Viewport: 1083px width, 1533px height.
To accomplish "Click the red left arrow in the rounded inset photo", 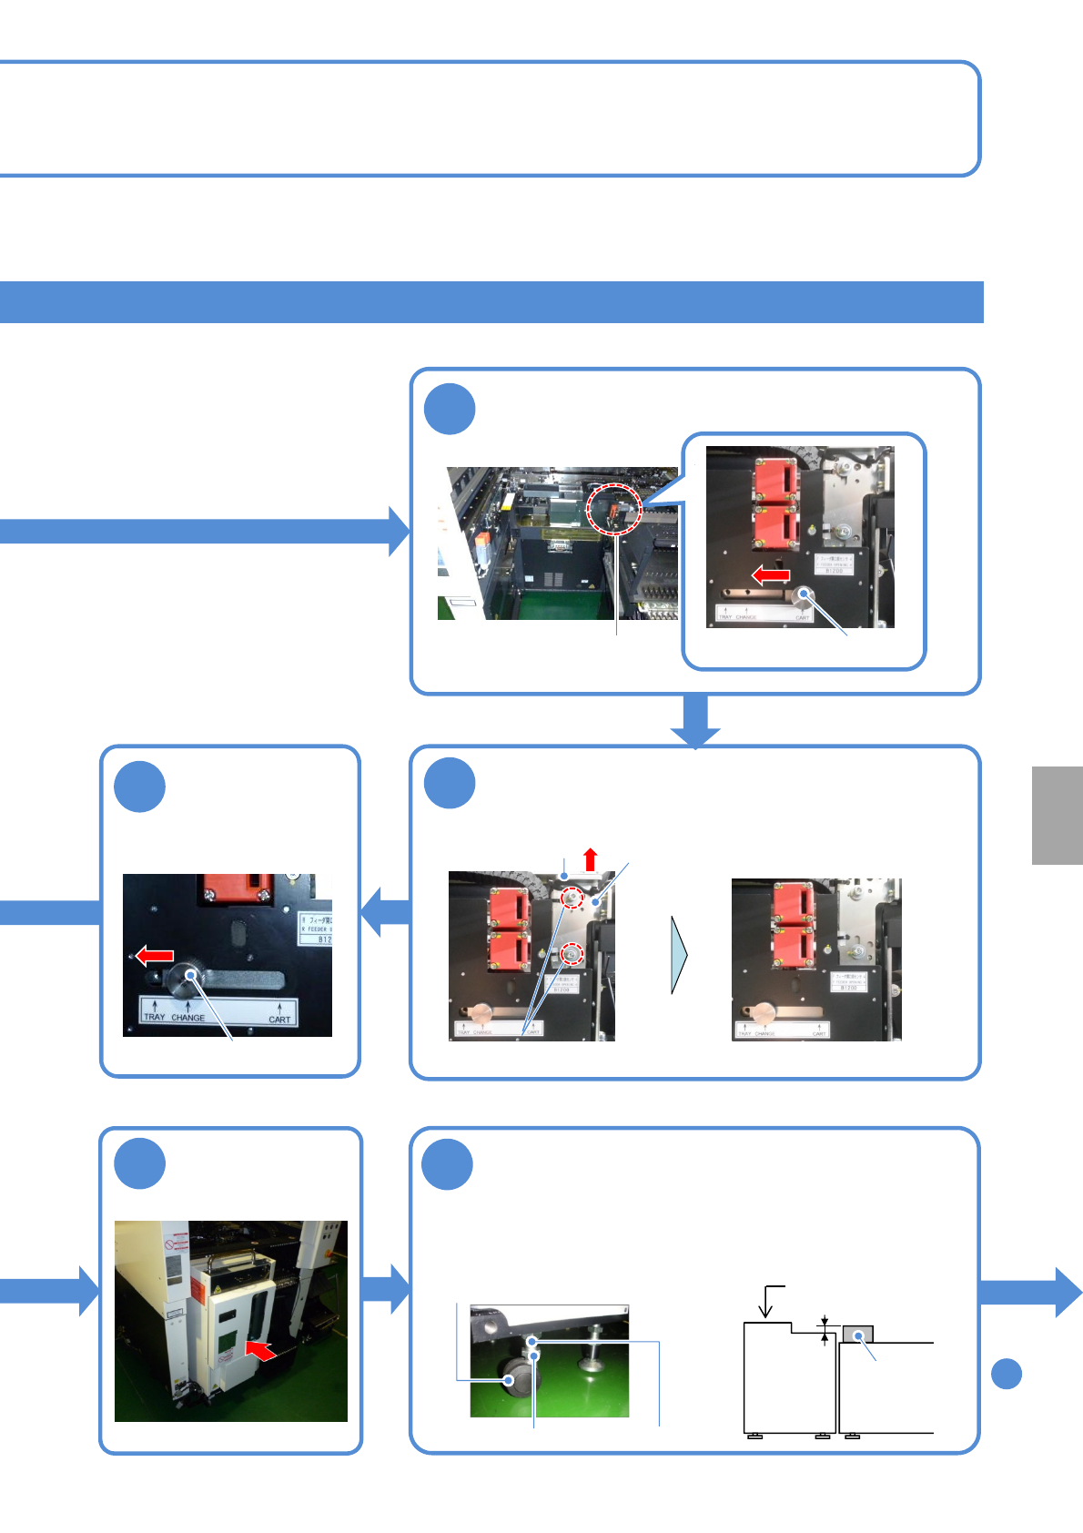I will click(771, 575).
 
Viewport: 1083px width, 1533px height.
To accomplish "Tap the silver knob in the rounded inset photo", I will click(803, 598).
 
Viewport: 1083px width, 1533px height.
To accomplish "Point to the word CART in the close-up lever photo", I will click(279, 1020).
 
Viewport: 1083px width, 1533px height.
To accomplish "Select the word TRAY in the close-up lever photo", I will click(155, 1017).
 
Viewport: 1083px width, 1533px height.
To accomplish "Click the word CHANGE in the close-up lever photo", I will click(188, 1018).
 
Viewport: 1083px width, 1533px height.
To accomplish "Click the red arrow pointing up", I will click(591, 858).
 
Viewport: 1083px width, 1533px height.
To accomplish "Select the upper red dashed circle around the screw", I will click(572, 898).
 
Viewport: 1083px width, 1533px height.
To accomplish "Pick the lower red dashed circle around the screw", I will click(572, 955).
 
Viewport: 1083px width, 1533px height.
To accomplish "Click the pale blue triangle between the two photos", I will click(679, 954).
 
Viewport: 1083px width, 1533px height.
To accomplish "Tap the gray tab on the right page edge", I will click(1058, 815).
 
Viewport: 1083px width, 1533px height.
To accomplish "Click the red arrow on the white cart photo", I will click(260, 1349).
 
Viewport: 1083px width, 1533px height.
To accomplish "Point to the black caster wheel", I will click(517, 1377).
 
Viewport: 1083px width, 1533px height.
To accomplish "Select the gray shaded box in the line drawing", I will click(857, 1335).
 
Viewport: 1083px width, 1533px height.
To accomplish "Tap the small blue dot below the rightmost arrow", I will click(1006, 1374).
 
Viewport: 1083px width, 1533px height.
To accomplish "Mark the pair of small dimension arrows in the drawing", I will click(825, 1331).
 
